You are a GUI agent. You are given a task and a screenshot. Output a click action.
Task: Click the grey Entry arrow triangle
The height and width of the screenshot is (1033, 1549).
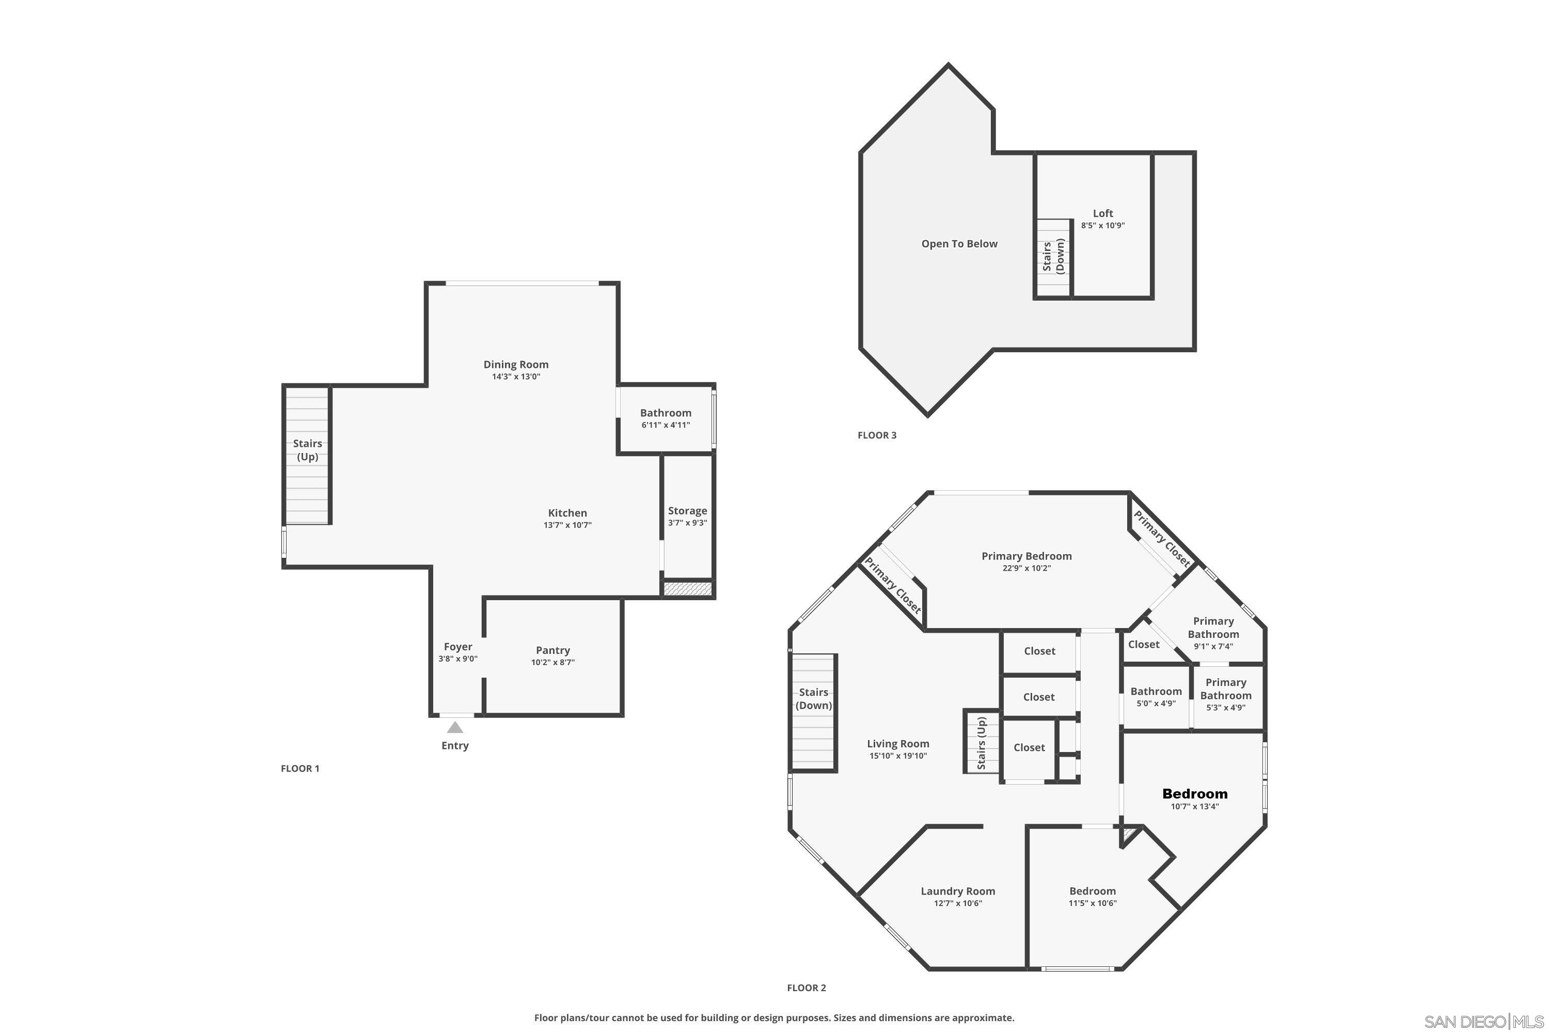click(454, 727)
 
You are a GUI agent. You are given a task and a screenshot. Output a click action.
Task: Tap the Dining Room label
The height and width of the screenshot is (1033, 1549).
click(516, 364)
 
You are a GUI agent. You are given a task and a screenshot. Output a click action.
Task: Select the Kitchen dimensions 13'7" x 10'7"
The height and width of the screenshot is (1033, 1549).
click(567, 525)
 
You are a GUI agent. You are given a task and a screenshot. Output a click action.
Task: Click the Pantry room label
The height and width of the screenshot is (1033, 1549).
click(552, 650)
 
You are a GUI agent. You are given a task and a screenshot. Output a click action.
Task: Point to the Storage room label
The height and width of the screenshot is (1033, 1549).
click(687, 511)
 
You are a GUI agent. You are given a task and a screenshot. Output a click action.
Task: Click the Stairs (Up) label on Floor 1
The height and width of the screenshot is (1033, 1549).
click(308, 450)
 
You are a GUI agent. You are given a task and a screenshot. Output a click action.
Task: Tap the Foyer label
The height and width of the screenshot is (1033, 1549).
click(457, 647)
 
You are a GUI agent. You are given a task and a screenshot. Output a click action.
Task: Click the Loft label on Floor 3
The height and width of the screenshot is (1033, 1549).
click(1102, 213)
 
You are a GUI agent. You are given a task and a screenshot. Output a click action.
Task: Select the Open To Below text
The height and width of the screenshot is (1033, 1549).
click(959, 244)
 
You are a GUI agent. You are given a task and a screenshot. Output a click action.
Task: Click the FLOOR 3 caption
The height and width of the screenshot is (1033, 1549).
click(877, 435)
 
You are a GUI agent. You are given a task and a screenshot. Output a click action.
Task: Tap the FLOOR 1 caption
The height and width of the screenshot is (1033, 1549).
click(299, 768)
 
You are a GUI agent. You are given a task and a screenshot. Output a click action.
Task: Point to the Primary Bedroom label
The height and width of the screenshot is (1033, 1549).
click(1026, 556)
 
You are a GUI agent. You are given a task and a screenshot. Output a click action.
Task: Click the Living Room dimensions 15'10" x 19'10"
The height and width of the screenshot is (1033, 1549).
click(898, 756)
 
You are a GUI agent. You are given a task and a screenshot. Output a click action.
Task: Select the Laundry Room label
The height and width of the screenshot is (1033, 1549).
click(958, 891)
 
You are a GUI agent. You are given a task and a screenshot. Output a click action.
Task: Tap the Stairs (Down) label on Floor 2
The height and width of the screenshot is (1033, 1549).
click(813, 698)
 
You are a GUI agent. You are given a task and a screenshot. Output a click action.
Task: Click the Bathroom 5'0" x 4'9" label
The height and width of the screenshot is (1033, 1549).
click(1156, 691)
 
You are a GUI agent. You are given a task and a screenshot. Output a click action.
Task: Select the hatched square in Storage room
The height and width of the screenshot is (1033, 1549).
click(688, 589)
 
